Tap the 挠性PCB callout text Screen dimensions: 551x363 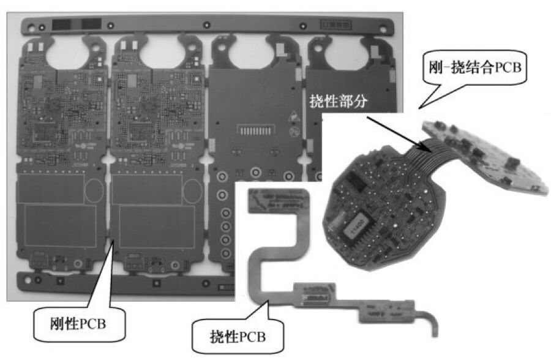(238, 337)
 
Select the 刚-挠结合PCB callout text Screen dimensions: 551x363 (474, 67)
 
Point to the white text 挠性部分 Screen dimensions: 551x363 (339, 101)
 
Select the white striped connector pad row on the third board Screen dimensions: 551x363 (255, 131)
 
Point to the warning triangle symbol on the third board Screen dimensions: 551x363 (294, 116)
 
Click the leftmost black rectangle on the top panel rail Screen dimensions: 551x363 (61, 24)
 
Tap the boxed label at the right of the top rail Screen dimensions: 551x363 (335, 25)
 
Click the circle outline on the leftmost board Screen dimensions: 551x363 (94, 190)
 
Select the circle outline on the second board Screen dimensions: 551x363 (192, 190)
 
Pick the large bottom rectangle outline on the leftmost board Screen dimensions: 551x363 (61, 226)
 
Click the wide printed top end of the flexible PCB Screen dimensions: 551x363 (279, 201)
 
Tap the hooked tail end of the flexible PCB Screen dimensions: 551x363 (434, 323)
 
